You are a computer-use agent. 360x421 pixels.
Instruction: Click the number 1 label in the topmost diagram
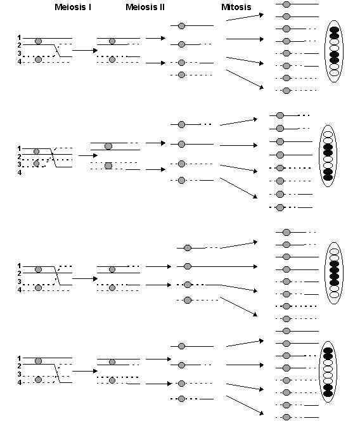[19, 38]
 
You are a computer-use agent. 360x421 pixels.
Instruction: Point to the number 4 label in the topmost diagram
[19, 62]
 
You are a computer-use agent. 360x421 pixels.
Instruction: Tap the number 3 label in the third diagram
[19, 282]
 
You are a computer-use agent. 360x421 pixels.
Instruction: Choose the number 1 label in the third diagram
[19, 266]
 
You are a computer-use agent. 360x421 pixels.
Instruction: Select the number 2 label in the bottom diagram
[19, 366]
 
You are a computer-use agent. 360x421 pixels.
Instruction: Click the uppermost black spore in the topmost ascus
[334, 30]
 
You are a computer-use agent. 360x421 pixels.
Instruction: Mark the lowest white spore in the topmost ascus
[334, 73]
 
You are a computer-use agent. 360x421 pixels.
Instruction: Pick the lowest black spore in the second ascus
[328, 177]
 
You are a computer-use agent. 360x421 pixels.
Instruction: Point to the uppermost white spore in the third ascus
[334, 249]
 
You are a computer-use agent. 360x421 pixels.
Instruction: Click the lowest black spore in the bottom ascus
[328, 394]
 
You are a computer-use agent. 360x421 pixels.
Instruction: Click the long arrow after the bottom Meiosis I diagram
[84, 370]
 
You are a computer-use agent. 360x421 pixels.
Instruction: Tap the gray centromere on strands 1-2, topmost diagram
[38, 41]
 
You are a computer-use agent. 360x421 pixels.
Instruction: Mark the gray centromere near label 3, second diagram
[36, 164]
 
